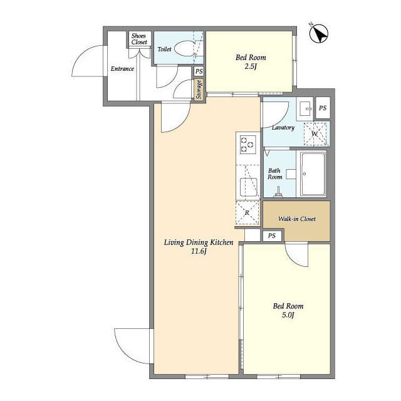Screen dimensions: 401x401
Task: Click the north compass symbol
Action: coord(319,34)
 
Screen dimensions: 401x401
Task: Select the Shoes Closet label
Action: coord(139,39)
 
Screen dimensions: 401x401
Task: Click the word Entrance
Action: coord(122,68)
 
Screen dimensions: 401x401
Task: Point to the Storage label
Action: coord(199,90)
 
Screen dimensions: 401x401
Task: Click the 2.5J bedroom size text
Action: coord(251,67)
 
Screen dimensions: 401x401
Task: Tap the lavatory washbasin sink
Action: coord(305,108)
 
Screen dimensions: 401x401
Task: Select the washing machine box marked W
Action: coord(315,133)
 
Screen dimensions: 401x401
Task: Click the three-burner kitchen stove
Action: coord(248,145)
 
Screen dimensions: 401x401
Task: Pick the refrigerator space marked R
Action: coord(247,213)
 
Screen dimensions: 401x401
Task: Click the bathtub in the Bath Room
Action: coord(313,174)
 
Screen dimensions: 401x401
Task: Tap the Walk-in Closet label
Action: coord(296,219)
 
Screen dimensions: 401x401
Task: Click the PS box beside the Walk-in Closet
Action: coord(272,236)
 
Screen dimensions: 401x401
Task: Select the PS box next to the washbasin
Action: coord(323,108)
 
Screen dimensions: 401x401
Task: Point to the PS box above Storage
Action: coord(199,71)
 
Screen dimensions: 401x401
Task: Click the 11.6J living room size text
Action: coord(199,251)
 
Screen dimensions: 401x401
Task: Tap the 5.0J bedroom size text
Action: coord(288,315)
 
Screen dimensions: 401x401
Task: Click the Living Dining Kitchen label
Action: coord(199,242)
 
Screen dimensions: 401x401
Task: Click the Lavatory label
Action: coord(283,127)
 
